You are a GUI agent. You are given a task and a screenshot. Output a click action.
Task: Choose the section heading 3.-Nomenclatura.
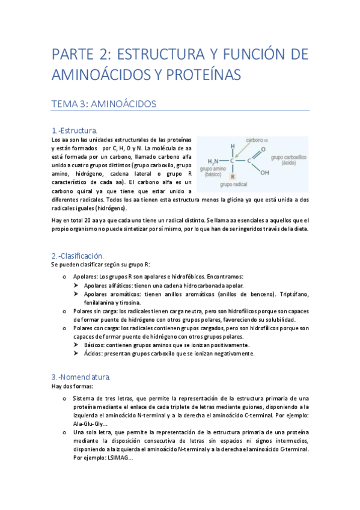pyautogui.click(x=81, y=376)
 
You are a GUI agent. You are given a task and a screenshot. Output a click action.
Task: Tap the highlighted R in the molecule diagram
pyautogui.click(x=233, y=176)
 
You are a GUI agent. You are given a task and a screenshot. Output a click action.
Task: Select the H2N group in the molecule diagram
pyautogui.click(x=213, y=162)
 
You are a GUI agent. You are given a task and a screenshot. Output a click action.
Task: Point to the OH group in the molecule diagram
pyautogui.click(x=265, y=173)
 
